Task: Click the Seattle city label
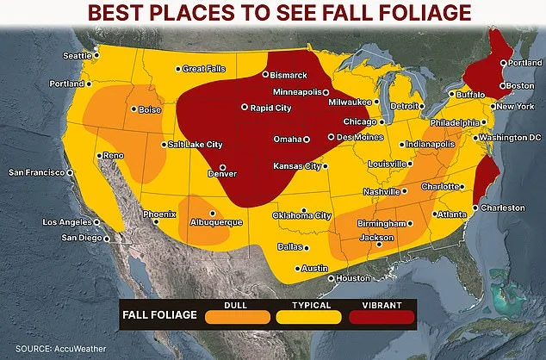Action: [77, 56]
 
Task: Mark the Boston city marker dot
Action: [502, 85]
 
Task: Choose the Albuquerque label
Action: [215, 222]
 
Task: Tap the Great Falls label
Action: [204, 69]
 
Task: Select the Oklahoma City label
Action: [301, 215]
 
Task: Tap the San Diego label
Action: [83, 238]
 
